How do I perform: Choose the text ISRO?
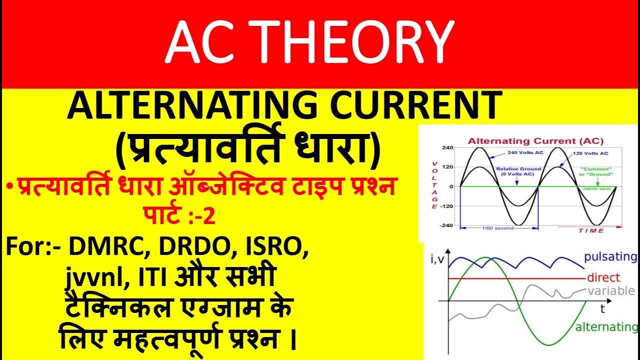[x=280, y=247]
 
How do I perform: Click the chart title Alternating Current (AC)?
[x=535, y=141]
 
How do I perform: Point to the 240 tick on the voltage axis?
[x=447, y=148]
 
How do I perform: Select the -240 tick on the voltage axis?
[x=446, y=225]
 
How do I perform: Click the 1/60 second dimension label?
[x=498, y=228]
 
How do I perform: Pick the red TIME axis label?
[x=591, y=230]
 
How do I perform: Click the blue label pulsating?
[x=610, y=257]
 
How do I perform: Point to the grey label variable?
[x=610, y=291]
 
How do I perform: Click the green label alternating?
[x=606, y=327]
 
